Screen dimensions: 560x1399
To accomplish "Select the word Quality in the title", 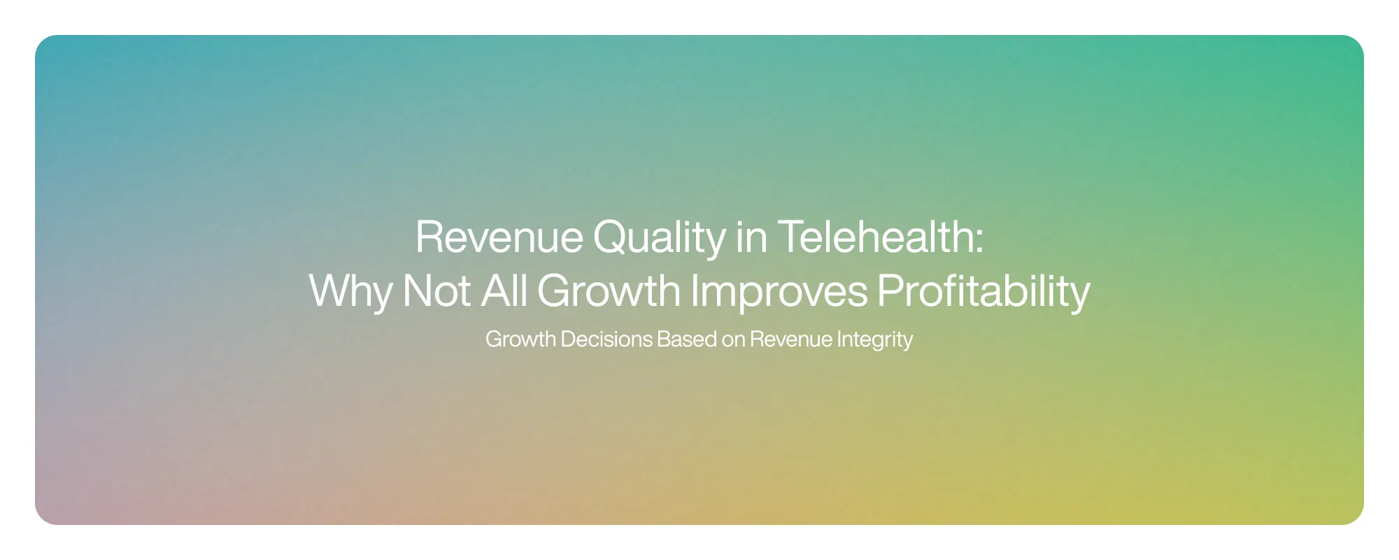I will (x=659, y=238).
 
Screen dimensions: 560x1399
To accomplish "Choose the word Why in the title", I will (x=350, y=291).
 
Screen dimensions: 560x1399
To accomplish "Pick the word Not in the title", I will (x=436, y=290).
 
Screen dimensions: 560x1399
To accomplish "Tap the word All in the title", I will (x=504, y=290).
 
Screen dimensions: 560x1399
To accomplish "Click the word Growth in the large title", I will (x=609, y=290).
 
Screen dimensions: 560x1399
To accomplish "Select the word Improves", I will (x=779, y=291).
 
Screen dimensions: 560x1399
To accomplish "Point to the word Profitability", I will (x=983, y=291).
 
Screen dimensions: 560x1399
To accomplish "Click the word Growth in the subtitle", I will (x=520, y=339).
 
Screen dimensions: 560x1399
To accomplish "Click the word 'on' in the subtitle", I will (x=733, y=339).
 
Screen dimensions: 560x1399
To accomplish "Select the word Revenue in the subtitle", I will (x=791, y=339).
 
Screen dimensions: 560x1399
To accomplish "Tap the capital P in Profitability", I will (x=889, y=290).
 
